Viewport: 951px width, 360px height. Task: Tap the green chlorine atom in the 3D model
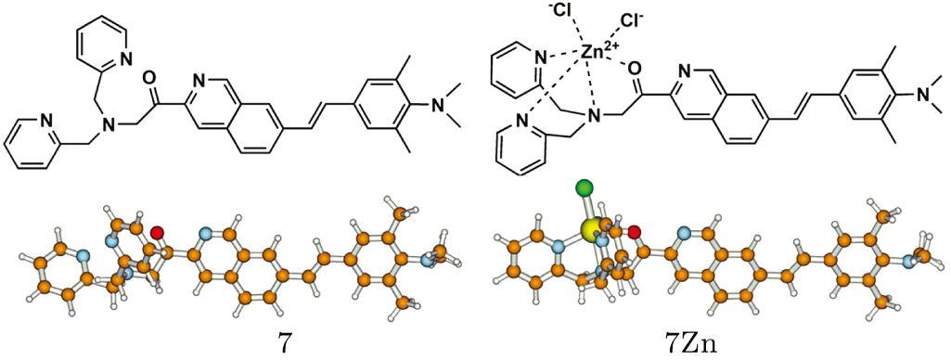point(584,189)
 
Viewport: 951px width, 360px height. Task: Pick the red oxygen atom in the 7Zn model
point(635,232)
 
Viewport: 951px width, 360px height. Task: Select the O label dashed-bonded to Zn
point(634,69)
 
